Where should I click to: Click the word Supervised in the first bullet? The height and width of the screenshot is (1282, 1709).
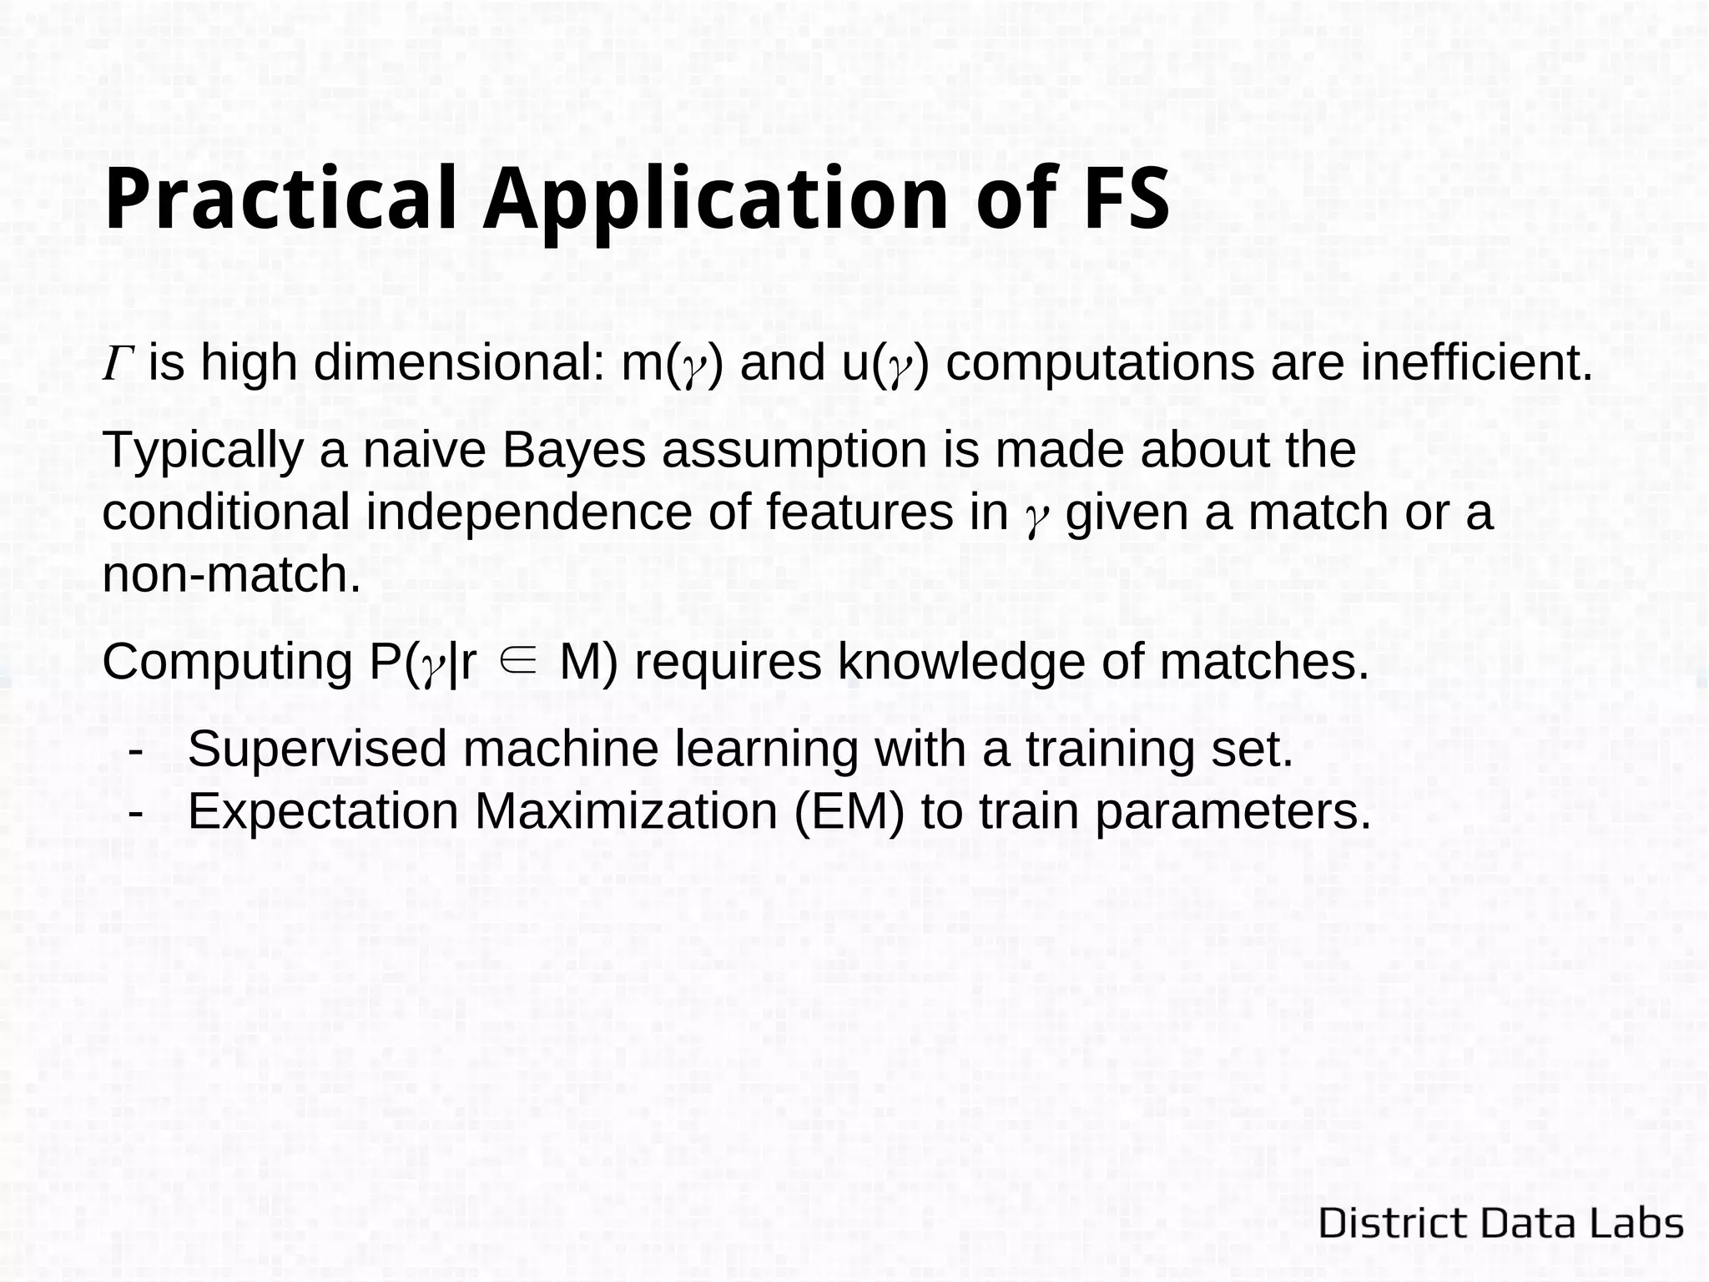tap(318, 749)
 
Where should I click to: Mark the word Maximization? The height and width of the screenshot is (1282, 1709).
tap(630, 811)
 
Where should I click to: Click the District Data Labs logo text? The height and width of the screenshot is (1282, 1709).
tap(1500, 1224)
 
